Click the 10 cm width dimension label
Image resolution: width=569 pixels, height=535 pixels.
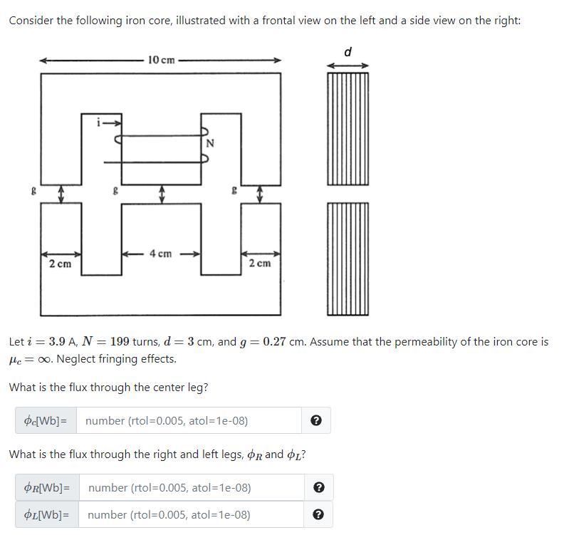click(162, 60)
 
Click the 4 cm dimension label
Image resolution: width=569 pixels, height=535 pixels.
click(160, 254)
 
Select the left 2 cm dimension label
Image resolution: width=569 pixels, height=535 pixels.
click(60, 264)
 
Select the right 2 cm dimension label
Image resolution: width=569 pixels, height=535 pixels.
click(260, 264)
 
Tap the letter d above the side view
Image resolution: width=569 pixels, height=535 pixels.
click(348, 51)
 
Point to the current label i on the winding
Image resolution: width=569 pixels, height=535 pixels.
click(99, 123)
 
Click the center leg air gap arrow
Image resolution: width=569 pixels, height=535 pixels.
click(162, 193)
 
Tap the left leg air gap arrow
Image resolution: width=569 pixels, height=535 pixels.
click(61, 193)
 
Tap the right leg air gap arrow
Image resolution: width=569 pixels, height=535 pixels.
click(260, 193)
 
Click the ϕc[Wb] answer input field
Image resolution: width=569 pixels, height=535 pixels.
click(189, 421)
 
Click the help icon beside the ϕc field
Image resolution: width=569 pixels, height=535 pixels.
click(317, 421)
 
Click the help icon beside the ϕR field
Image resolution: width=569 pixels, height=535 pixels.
click(319, 488)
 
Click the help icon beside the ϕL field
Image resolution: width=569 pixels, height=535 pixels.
click(319, 515)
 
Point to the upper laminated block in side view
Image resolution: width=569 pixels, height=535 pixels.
click(348, 129)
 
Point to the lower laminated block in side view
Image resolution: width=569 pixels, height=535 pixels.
click(348, 258)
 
